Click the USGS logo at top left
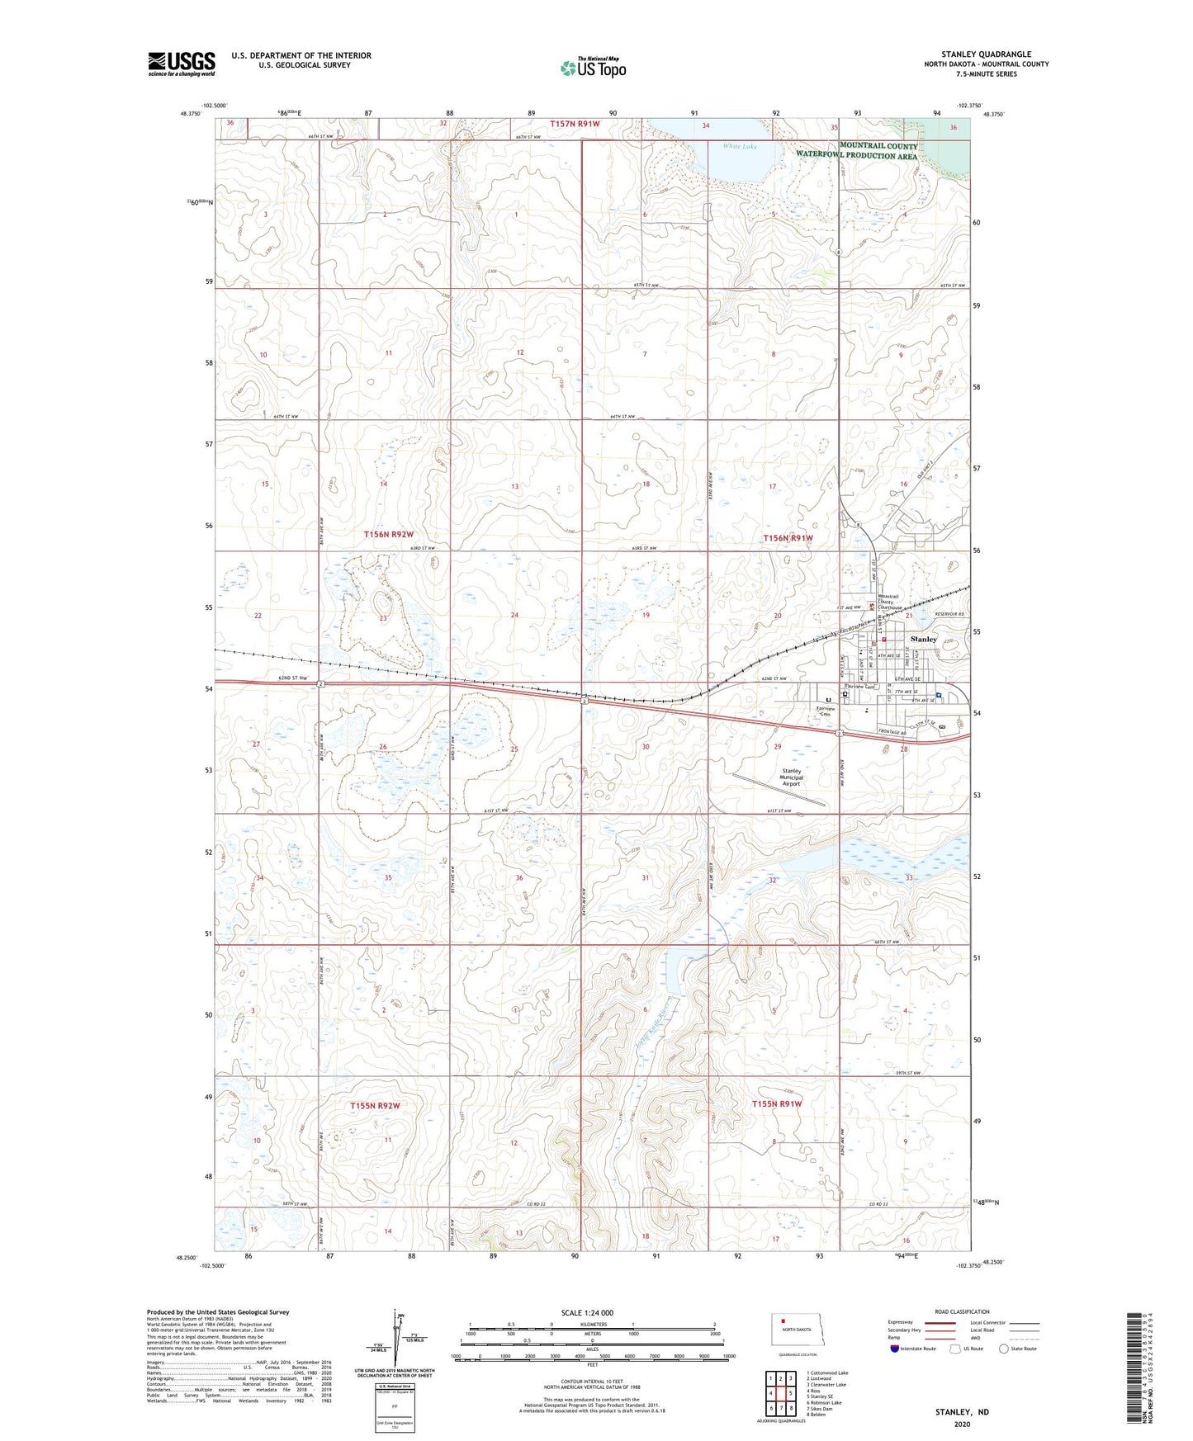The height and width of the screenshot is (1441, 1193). coord(182,64)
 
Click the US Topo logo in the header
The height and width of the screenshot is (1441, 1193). coord(592,68)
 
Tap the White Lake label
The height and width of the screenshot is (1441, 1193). coord(740,147)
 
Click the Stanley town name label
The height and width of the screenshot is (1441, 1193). coord(923,640)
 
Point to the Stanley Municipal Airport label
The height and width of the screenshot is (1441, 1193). coord(792,777)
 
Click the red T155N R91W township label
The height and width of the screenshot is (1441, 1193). coord(777,1103)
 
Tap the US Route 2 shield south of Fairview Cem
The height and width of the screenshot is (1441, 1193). coord(838,733)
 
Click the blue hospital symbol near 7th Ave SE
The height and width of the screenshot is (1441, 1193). coord(940,695)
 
